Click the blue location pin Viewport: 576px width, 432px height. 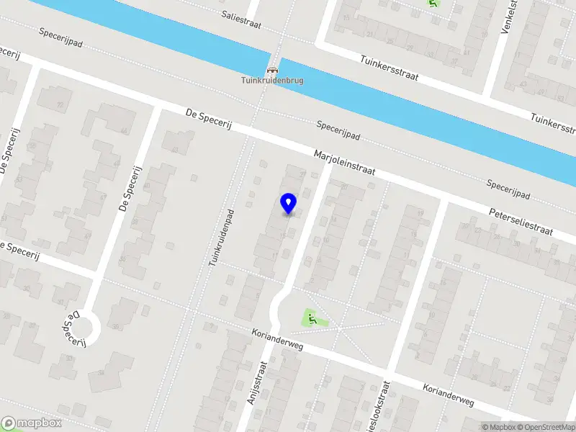289,203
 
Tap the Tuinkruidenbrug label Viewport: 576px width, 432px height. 272,81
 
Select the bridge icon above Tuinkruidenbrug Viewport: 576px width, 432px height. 272,71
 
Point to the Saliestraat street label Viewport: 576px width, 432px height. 240,19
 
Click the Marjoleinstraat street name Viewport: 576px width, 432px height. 344,163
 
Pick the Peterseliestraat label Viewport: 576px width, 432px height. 521,222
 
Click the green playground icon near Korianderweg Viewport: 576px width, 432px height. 311,317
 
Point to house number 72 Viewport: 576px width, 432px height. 60,106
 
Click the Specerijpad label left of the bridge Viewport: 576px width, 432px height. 61,37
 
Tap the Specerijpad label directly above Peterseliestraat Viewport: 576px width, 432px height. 508,190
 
